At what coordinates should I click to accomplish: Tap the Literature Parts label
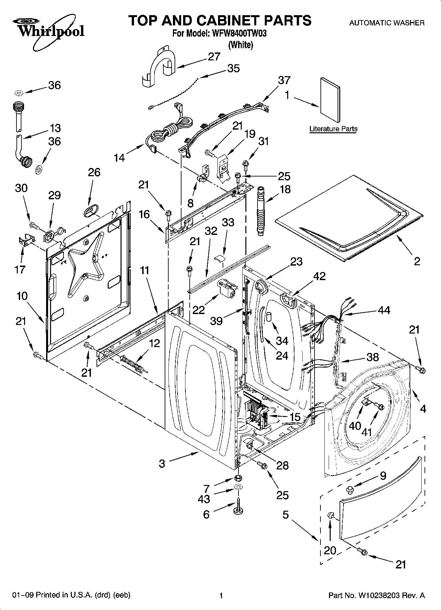point(333,129)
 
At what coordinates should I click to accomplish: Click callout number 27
point(214,57)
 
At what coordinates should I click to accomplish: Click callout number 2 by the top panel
point(417,262)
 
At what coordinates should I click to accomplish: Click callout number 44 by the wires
point(384,310)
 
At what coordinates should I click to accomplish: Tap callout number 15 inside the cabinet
point(295,417)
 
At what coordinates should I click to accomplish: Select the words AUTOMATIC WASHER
point(387,23)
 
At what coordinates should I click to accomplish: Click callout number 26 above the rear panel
point(94,172)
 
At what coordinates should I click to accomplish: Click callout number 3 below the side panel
point(162,464)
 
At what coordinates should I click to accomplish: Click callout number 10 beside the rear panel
point(22,296)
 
